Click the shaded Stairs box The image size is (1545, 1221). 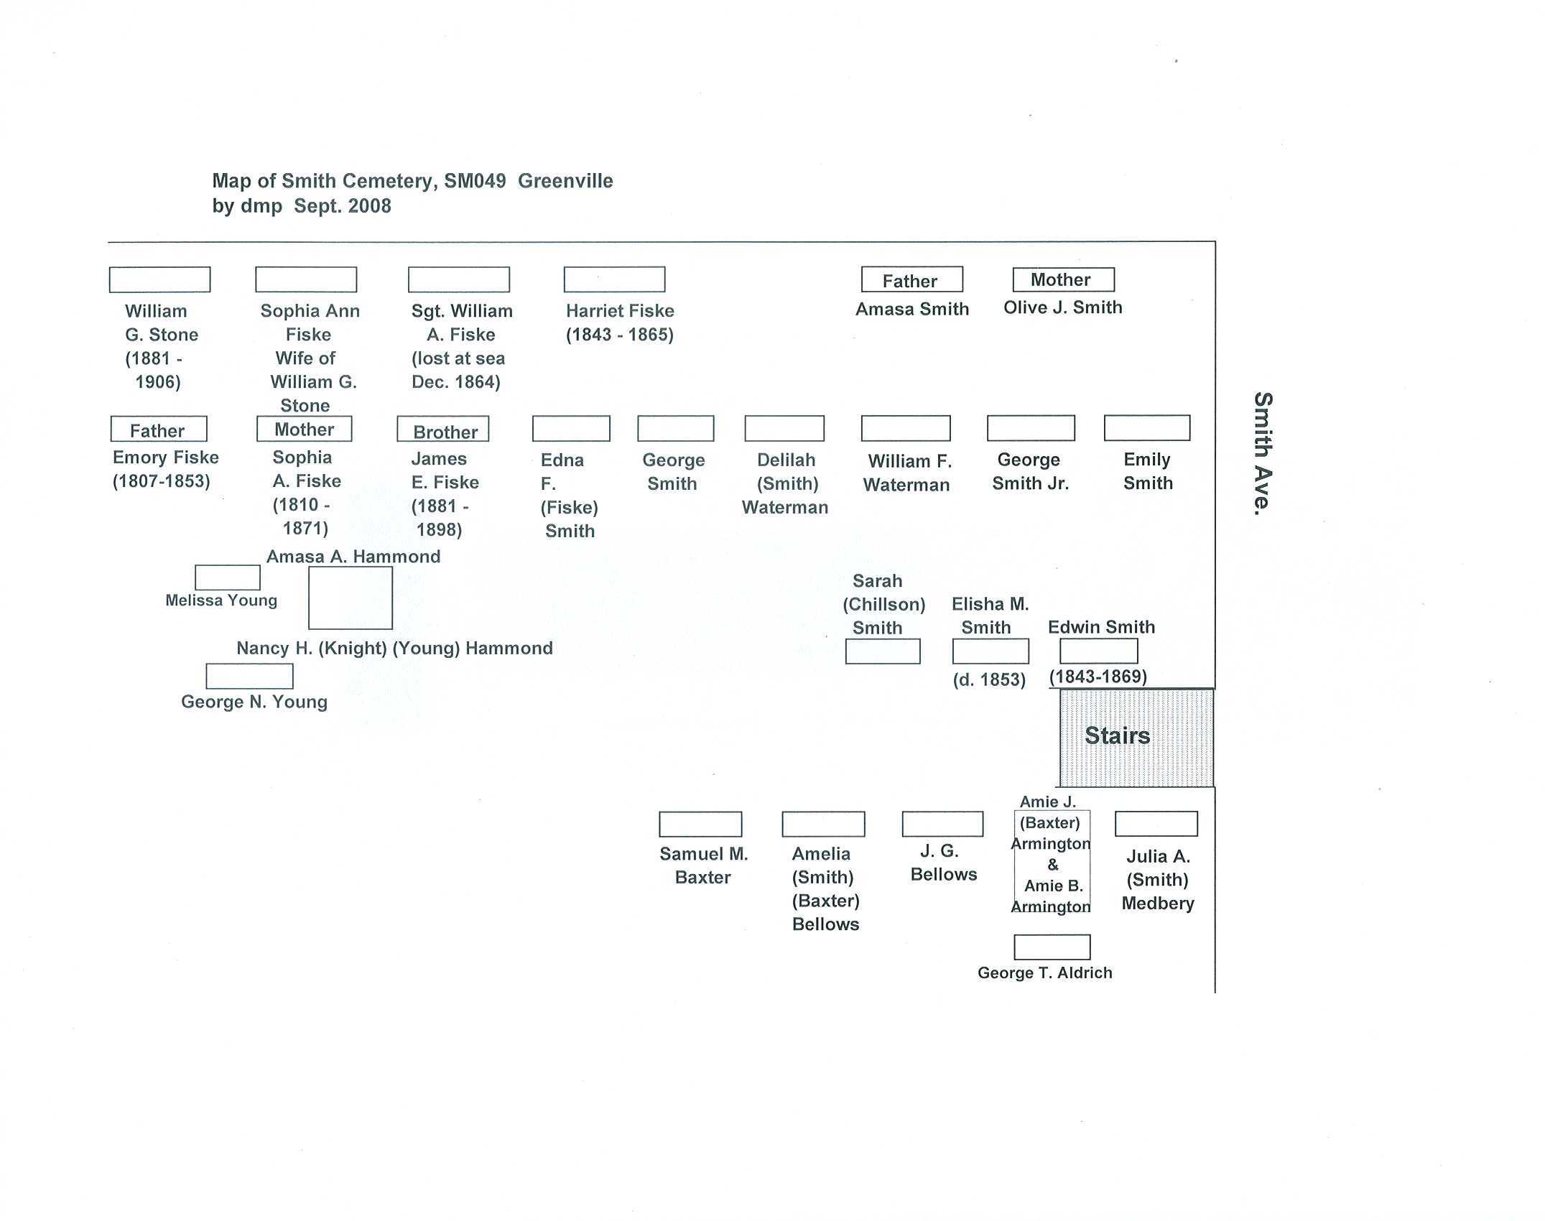point(1136,738)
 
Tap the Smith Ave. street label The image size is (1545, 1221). point(1262,453)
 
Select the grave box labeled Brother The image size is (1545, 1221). point(443,430)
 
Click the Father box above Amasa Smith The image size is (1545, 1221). point(911,280)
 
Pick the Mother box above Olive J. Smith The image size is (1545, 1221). point(1063,279)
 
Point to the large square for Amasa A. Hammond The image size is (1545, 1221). point(351,598)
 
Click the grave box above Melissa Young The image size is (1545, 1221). point(228,577)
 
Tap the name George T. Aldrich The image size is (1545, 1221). point(1044,972)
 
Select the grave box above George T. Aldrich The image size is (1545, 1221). point(1052,947)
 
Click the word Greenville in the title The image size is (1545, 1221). point(565,181)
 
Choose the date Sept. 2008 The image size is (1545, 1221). point(343,206)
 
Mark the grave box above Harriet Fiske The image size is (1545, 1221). point(614,279)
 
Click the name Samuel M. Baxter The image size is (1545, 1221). point(703,865)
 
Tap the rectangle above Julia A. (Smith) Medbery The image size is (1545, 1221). point(1156,824)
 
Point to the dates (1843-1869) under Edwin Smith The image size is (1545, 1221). point(1098,677)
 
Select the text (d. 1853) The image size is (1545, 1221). point(989,679)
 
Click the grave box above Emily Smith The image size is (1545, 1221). point(1146,428)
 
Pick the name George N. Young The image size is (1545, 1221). point(254,702)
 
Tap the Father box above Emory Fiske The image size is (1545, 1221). point(159,430)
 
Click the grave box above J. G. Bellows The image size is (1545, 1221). point(942,824)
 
